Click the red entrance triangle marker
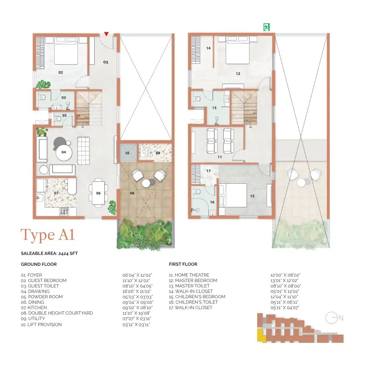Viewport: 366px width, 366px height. coord(107,34)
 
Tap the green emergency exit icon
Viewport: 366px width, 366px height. coord(267,27)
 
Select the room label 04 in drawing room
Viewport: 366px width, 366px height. coord(64,152)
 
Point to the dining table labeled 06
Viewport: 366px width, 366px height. coord(98,193)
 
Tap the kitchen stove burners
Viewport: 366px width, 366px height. coord(64,212)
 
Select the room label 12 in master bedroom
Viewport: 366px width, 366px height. coord(238,74)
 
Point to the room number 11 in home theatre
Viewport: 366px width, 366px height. coord(220,157)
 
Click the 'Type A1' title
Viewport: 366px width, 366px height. coord(47,235)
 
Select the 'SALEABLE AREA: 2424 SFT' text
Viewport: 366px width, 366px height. coord(49,253)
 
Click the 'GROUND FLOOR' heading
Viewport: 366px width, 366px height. coord(39,264)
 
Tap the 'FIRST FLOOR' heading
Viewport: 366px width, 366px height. coord(183,264)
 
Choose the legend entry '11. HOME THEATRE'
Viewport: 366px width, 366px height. coord(189,275)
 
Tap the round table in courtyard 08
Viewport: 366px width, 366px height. coord(146,183)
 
